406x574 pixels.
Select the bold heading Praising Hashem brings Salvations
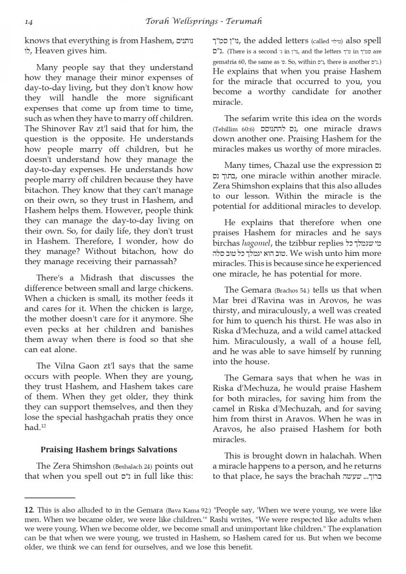point(109,450)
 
